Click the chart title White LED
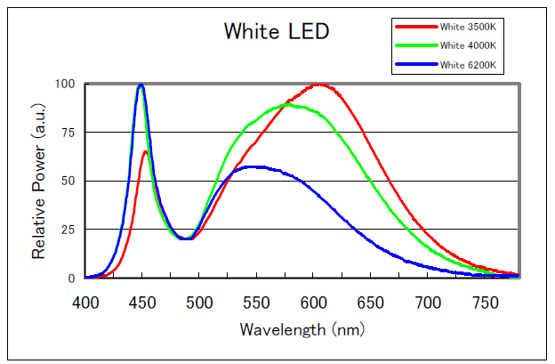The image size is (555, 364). [x=277, y=33]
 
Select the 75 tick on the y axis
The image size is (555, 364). [x=67, y=133]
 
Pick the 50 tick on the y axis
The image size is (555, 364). [x=67, y=182]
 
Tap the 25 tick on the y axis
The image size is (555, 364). [x=67, y=230]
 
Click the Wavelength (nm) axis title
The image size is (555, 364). [x=302, y=329]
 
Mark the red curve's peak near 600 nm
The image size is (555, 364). [x=318, y=85]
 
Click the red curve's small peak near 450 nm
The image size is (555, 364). [x=145, y=152]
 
